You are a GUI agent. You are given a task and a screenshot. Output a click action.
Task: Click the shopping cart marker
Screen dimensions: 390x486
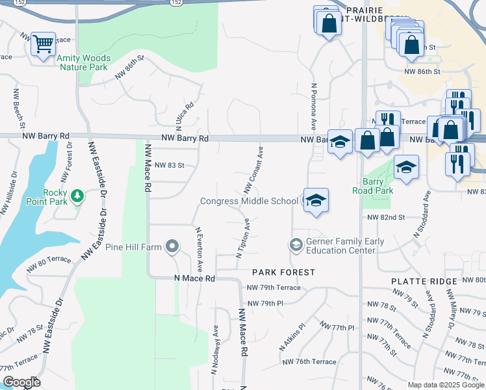tap(43, 44)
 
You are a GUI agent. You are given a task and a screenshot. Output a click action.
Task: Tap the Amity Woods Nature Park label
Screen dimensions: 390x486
tap(83, 62)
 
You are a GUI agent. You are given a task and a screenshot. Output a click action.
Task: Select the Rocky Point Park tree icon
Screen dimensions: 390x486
tap(77, 195)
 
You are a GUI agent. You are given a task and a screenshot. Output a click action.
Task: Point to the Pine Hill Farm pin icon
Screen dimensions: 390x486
tap(172, 246)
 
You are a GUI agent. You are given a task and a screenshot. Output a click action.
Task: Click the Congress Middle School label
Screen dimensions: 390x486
tap(249, 201)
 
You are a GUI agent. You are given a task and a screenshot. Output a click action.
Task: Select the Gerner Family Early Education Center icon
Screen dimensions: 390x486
tap(296, 245)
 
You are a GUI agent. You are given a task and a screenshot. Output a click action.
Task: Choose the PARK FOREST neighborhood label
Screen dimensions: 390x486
tap(283, 272)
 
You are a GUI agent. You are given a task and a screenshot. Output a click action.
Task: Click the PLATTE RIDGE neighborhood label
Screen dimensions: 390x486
tap(424, 281)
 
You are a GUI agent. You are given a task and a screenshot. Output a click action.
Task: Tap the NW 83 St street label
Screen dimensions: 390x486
tap(170, 166)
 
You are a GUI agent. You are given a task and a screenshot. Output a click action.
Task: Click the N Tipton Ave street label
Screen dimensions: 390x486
tap(242, 238)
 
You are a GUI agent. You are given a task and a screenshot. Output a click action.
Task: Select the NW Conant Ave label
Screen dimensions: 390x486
tap(254, 170)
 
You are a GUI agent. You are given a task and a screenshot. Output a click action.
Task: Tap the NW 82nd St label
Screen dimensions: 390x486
tap(386, 217)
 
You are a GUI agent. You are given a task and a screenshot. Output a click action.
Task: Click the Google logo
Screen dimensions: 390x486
tap(21, 382)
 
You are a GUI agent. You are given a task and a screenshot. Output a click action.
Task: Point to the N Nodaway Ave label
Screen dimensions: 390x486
tap(215, 350)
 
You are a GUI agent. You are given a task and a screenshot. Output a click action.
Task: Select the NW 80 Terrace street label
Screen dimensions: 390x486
tap(49, 264)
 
